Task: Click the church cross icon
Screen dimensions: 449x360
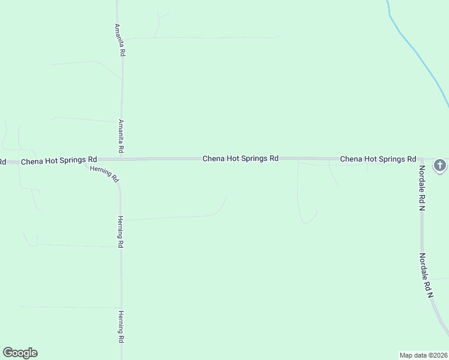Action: click(440, 165)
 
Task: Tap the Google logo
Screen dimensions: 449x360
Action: click(20, 353)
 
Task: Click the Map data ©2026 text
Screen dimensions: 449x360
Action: click(424, 355)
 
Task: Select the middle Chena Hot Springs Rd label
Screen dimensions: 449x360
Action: click(240, 158)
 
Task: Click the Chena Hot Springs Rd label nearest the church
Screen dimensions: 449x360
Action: click(378, 159)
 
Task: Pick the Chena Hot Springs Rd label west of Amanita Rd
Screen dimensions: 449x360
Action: click(59, 161)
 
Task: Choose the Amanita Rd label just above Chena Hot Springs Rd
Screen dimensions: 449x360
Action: click(121, 136)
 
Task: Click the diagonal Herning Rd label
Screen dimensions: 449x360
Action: click(105, 174)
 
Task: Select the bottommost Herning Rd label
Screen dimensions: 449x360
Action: click(121, 326)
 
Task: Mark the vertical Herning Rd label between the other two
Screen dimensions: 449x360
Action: click(121, 232)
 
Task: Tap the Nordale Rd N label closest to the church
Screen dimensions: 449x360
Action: click(422, 188)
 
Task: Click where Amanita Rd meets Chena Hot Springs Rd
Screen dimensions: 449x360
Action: click(122, 159)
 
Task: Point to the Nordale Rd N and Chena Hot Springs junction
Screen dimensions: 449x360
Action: click(421, 159)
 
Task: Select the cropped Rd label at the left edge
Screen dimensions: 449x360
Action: click(3, 161)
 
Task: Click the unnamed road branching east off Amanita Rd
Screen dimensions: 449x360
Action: click(198, 37)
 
